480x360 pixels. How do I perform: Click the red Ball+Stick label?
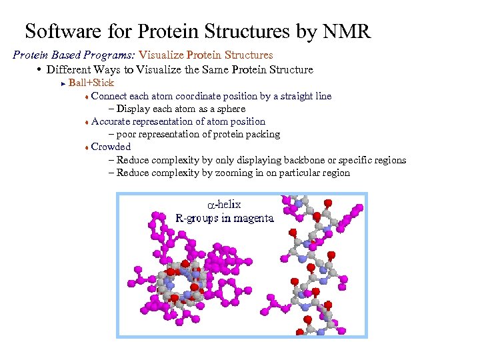[x=91, y=83]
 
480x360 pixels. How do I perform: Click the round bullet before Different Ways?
[x=41, y=69]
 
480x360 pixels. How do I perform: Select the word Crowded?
[x=111, y=147]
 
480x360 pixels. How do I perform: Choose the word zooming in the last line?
[x=249, y=173]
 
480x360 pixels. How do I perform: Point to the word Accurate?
[x=111, y=121]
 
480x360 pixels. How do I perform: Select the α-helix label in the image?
[x=223, y=205]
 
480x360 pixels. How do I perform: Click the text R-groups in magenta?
[x=225, y=218]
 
